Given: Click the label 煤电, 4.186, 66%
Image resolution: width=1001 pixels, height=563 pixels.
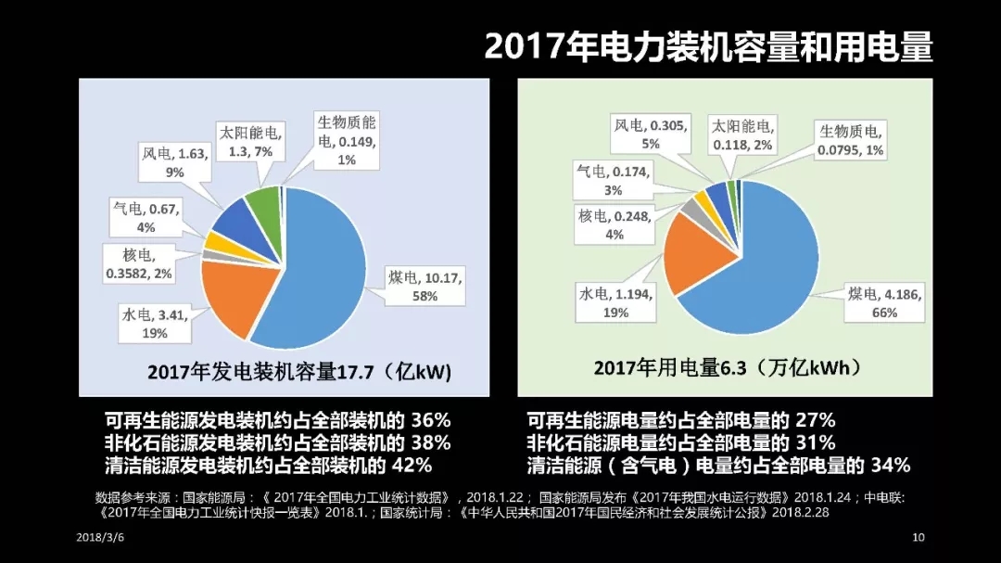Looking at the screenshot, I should (884, 302).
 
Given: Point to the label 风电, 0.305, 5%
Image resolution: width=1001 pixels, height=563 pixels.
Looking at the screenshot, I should (650, 134).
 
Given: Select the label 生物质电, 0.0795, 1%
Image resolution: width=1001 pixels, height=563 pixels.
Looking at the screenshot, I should (851, 140).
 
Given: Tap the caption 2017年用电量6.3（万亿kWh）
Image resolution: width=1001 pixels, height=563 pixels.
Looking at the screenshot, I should (727, 368).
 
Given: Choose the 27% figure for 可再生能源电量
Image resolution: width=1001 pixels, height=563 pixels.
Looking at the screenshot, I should (815, 420).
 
